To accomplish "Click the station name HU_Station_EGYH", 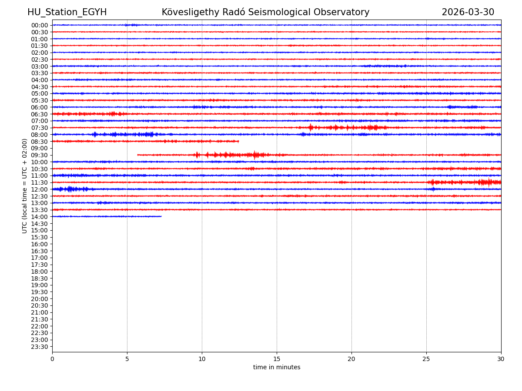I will tap(67, 13).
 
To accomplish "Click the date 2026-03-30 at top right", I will tap(468, 13).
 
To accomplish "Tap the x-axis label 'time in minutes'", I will tap(277, 368).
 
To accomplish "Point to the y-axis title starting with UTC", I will tap(25, 186).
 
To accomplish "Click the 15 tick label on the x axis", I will tap(277, 359).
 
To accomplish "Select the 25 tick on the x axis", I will tap(426, 359).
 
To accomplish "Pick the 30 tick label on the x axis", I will tap(501, 359).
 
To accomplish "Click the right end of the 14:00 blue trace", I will tap(161, 216).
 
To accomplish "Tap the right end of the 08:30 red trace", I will tap(238, 141).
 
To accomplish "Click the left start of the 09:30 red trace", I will tap(138, 155).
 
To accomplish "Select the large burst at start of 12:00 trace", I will tap(70, 189).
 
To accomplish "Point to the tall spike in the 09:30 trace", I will tap(254, 155).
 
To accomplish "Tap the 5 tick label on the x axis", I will tap(127, 359).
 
